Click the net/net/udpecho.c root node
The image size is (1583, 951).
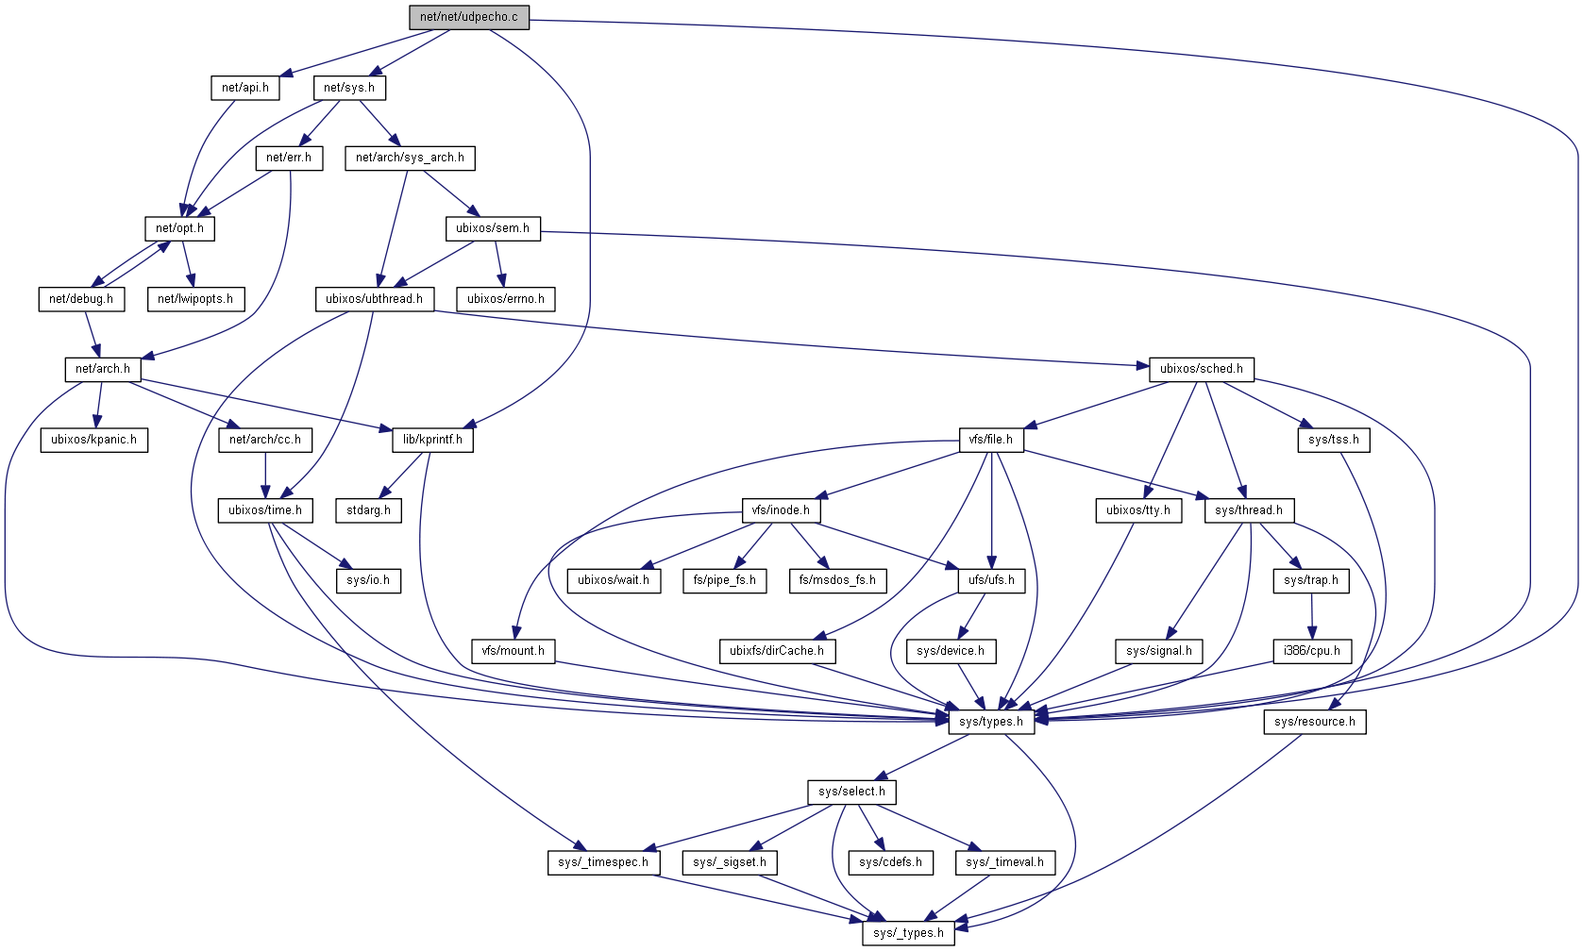tap(469, 17)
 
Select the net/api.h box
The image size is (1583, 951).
tap(245, 88)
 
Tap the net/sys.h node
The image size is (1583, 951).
tap(349, 88)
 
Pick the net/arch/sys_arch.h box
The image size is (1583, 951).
tap(410, 158)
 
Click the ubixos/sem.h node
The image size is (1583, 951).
tap(493, 228)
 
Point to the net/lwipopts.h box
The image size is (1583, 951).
tap(195, 299)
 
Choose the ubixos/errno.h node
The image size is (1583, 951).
tap(506, 299)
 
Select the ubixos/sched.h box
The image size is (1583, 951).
tap(1201, 369)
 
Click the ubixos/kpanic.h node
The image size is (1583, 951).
tap(93, 440)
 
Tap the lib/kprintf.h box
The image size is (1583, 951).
tap(432, 440)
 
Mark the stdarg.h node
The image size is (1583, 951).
tap(368, 510)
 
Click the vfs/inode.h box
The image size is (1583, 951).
tap(781, 510)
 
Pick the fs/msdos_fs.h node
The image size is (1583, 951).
tap(837, 580)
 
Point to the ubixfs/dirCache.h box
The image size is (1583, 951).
tap(777, 651)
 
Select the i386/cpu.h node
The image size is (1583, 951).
tap(1312, 651)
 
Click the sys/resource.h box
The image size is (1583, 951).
tap(1315, 722)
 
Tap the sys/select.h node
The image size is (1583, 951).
tap(852, 792)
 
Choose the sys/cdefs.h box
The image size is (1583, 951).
tap(891, 862)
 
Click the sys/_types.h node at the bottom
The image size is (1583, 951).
tap(908, 933)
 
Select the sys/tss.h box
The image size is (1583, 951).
tap(1334, 440)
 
